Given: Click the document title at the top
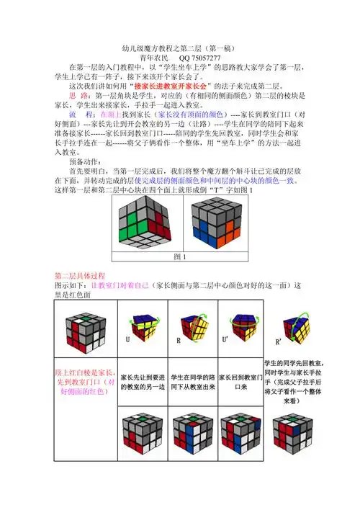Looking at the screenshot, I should pos(179,42).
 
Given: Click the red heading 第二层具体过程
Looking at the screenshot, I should pos(81,276).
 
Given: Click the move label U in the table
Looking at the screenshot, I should pos(127,338).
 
